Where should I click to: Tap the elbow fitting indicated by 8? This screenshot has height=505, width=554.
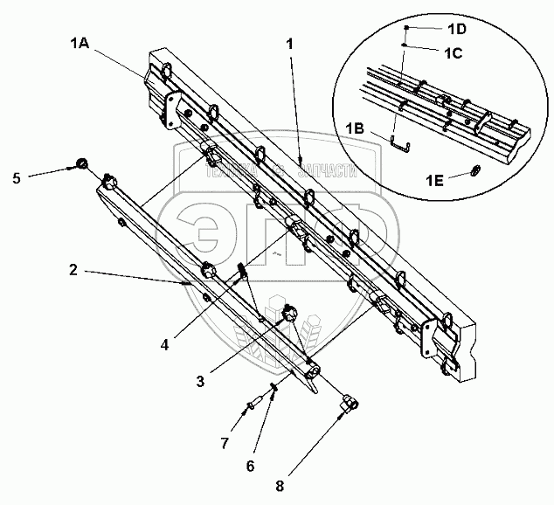[x=347, y=402]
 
